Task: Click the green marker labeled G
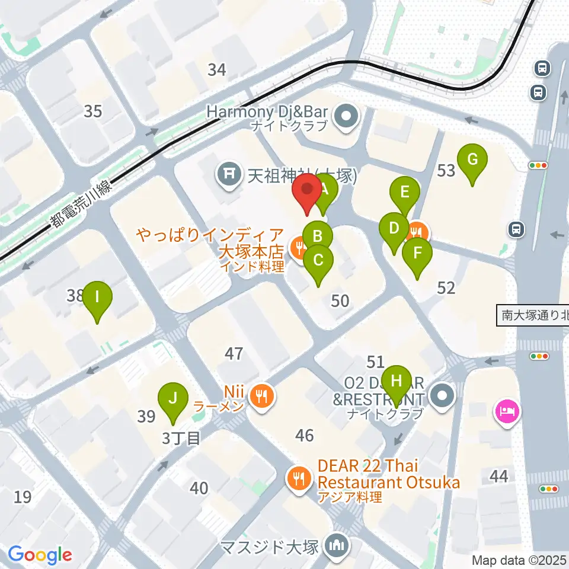click(x=472, y=160)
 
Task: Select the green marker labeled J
click(x=172, y=398)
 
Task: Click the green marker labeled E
click(x=405, y=193)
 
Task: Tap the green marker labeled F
click(x=417, y=254)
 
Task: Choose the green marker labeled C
click(x=318, y=261)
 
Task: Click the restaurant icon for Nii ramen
click(x=262, y=394)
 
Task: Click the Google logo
click(x=40, y=555)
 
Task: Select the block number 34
click(x=217, y=70)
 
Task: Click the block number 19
click(x=23, y=497)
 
